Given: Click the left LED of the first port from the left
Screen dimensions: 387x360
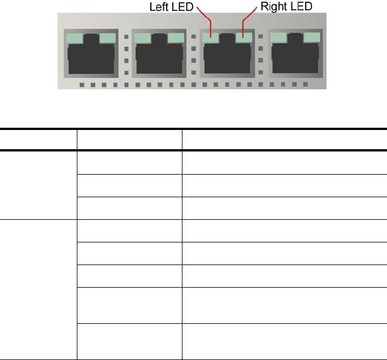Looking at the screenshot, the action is point(75,38).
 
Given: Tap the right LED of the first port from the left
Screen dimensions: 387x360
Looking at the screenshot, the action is point(107,38).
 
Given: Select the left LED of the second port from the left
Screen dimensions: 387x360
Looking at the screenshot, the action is point(143,38).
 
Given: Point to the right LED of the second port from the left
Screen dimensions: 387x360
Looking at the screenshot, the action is point(175,38).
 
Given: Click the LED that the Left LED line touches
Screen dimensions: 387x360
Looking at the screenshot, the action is point(211,38).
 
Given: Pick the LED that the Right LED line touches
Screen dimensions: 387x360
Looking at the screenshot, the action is point(243,38).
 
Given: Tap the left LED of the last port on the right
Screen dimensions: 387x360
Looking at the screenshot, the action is point(279,38).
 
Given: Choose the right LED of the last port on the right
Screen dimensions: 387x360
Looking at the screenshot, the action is point(311,38).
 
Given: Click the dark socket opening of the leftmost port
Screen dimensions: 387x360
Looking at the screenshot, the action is point(91,58).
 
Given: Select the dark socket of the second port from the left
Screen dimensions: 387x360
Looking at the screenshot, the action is point(159,58).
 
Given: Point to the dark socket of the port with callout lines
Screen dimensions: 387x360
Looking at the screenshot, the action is point(227,58).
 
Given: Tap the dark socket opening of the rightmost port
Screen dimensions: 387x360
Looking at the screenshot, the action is point(295,58).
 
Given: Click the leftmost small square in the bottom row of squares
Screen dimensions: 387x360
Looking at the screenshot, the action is point(82,85).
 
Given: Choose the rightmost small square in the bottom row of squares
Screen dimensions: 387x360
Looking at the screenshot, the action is point(306,85).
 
